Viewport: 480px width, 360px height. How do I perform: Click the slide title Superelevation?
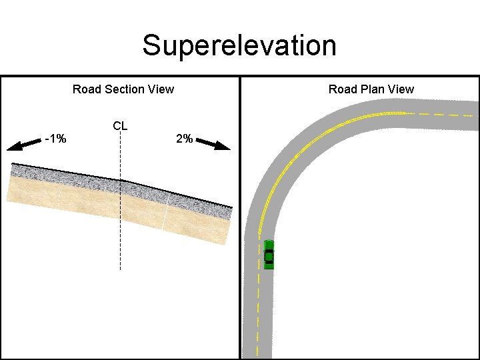click(239, 46)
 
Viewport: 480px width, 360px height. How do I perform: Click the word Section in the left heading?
click(124, 89)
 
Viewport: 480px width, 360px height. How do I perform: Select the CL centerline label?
click(120, 125)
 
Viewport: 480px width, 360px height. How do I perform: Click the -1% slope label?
click(55, 139)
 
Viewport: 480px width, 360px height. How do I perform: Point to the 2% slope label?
click(184, 139)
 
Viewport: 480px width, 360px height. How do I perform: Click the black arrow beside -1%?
click(23, 143)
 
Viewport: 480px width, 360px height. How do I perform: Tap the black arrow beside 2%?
click(214, 144)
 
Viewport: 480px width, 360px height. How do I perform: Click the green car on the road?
click(269, 254)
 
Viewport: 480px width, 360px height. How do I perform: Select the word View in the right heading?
click(400, 89)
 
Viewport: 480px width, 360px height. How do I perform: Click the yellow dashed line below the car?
click(259, 307)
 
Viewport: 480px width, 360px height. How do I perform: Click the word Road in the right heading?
click(342, 89)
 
